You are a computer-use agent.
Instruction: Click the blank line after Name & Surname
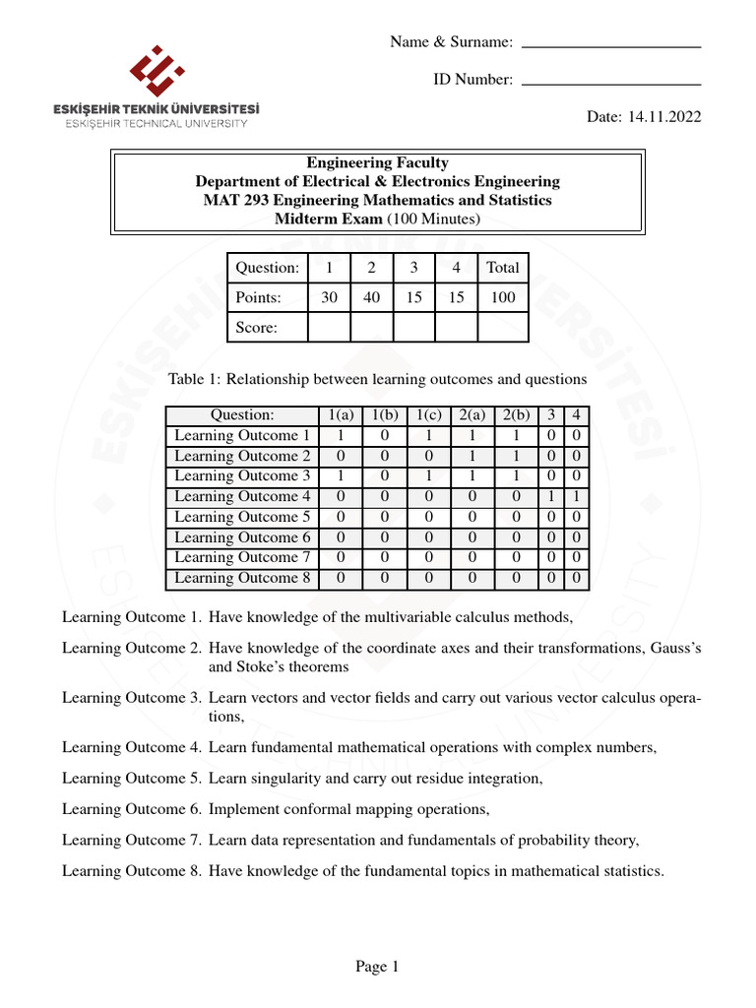(x=610, y=47)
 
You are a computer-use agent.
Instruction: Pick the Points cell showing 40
(x=372, y=297)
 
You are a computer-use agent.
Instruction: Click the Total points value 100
(x=503, y=297)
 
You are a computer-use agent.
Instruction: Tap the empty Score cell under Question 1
(x=329, y=327)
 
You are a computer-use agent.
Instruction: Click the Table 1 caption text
(x=378, y=379)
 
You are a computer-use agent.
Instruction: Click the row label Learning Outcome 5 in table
(x=242, y=517)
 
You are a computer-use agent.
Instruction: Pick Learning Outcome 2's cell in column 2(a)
(x=472, y=456)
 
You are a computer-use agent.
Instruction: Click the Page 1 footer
(x=377, y=967)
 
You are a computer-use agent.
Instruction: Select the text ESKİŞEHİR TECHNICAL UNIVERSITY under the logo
(x=157, y=124)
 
